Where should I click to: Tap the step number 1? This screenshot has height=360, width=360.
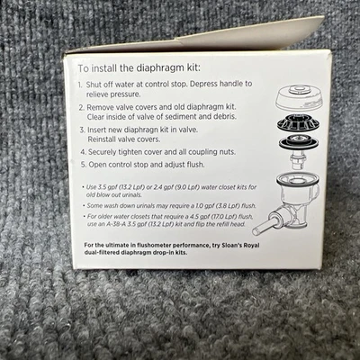[x=80, y=85]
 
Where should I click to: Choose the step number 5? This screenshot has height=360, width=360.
[x=84, y=165]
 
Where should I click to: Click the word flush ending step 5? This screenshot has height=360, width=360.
[x=194, y=165]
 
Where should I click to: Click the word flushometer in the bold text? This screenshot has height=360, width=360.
[x=155, y=246]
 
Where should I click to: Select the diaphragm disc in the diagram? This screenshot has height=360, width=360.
[x=299, y=142]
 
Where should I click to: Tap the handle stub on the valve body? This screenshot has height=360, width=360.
[x=261, y=226]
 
